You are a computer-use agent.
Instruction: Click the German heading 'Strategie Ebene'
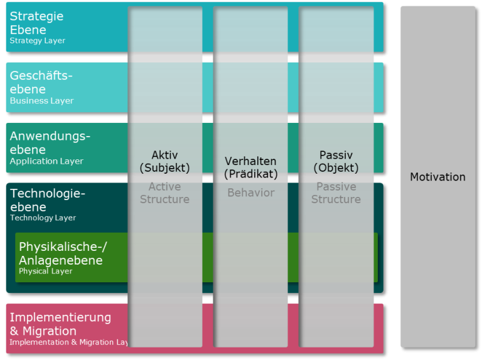(x=36, y=23)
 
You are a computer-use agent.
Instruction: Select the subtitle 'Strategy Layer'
(x=38, y=41)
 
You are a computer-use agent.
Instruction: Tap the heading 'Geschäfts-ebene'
(x=41, y=82)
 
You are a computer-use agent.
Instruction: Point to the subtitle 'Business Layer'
(x=41, y=101)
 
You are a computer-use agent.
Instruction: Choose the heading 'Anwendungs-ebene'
(x=50, y=143)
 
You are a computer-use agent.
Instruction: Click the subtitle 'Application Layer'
(x=46, y=161)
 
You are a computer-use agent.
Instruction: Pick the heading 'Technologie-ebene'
(x=47, y=200)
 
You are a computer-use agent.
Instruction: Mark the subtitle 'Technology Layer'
(x=43, y=218)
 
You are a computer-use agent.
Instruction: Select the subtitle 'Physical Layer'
(x=45, y=272)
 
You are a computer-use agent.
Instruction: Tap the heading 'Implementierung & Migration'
(x=60, y=324)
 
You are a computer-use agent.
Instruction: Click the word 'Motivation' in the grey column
(x=437, y=177)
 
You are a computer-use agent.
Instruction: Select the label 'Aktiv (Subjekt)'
(x=164, y=162)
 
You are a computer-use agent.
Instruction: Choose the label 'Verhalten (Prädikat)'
(x=250, y=168)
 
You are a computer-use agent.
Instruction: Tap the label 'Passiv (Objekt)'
(x=336, y=162)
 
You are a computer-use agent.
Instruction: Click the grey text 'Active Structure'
(x=164, y=193)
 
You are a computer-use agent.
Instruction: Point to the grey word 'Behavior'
(x=250, y=193)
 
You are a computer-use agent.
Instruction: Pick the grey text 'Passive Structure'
(x=336, y=193)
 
